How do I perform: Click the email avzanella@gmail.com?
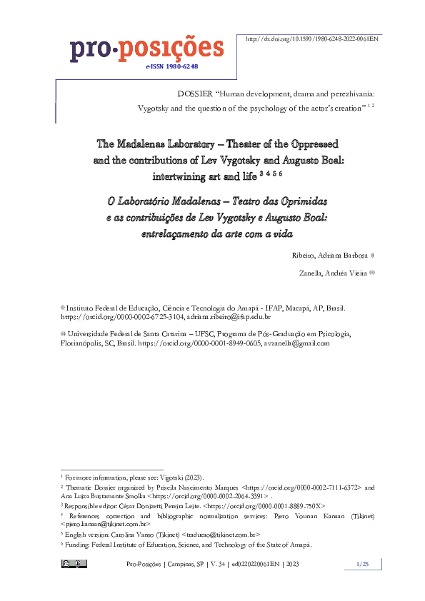pos(296,343)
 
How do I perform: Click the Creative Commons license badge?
pos(74,564)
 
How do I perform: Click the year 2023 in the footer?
pos(292,565)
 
